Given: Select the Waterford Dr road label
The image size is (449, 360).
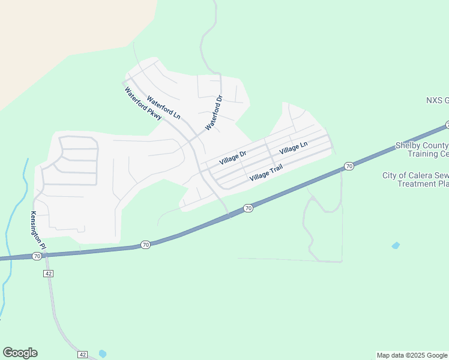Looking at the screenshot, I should pyautogui.click(x=214, y=113).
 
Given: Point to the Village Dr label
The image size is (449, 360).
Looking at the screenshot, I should pyautogui.click(x=233, y=158).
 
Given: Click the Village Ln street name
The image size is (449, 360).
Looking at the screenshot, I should pyautogui.click(x=294, y=146).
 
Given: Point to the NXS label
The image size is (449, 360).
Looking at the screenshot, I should pyautogui.click(x=437, y=100).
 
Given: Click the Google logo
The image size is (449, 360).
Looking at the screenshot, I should pyautogui.click(x=20, y=353).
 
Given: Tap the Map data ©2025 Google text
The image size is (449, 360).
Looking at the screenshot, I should pyautogui.click(x=412, y=355).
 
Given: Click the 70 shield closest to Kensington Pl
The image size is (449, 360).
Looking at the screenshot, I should pyautogui.click(x=37, y=256).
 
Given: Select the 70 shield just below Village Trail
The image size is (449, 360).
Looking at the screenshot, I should pyautogui.click(x=248, y=208).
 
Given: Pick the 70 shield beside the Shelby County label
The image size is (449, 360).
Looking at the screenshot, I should pyautogui.click(x=349, y=166).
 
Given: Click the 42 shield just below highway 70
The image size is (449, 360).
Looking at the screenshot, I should pyautogui.click(x=49, y=273).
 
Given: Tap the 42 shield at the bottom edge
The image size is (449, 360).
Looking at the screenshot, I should pyautogui.click(x=83, y=355).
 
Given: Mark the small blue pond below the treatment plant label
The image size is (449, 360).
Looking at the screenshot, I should pyautogui.click(x=395, y=245).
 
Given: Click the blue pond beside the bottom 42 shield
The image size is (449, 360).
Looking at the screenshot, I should pyautogui.click(x=102, y=353).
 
